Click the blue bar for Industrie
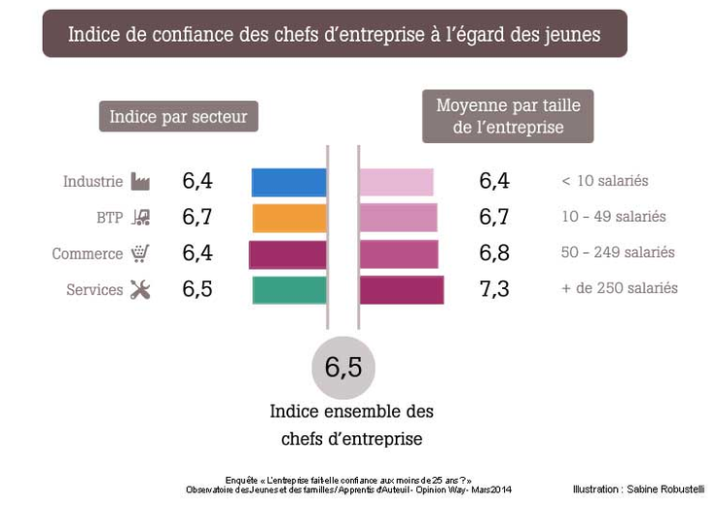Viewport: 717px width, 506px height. point(289,182)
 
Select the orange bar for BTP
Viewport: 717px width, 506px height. point(289,218)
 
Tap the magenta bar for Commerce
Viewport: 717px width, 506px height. point(287,254)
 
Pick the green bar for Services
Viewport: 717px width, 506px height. point(289,290)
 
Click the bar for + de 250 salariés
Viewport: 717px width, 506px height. point(401,290)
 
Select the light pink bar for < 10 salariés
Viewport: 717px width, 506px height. point(396,182)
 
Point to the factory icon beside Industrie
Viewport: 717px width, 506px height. point(140,182)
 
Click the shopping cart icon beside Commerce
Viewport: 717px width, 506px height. point(140,254)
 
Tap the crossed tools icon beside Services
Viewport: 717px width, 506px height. point(140,290)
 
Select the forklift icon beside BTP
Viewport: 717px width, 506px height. point(140,218)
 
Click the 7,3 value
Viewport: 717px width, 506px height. point(494,289)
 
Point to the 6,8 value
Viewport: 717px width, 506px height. point(494,253)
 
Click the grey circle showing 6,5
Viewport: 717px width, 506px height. point(343,368)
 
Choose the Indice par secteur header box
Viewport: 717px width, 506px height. point(178,117)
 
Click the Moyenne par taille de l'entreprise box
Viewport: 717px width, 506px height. point(507,116)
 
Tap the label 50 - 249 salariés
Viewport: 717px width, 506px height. point(618,253)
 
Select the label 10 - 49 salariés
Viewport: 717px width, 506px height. point(614,217)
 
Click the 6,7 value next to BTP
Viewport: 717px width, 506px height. point(197,217)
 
